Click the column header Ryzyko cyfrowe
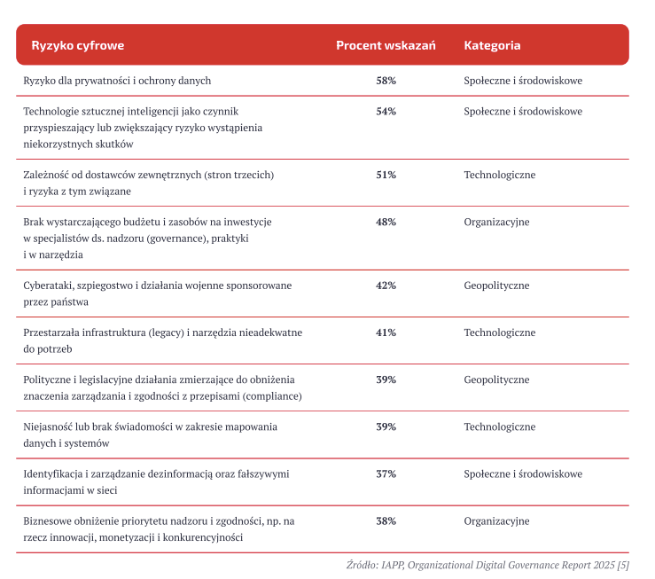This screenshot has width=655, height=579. (78, 45)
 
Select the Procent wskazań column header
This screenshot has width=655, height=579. (386, 45)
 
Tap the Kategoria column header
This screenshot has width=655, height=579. (492, 45)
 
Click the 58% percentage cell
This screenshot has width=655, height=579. (386, 81)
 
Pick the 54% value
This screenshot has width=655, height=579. (386, 112)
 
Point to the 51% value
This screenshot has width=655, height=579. (386, 176)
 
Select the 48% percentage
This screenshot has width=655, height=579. (386, 223)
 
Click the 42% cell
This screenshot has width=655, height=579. (386, 286)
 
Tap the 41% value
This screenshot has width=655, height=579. (386, 333)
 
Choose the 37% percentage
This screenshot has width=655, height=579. (386, 474)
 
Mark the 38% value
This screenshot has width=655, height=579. (386, 521)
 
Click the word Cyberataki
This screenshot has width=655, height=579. (51, 286)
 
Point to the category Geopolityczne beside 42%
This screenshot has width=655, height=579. (496, 286)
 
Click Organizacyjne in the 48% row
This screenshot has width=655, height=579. (496, 223)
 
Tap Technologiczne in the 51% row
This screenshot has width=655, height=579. (500, 176)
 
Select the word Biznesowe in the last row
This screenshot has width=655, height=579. (51, 521)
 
